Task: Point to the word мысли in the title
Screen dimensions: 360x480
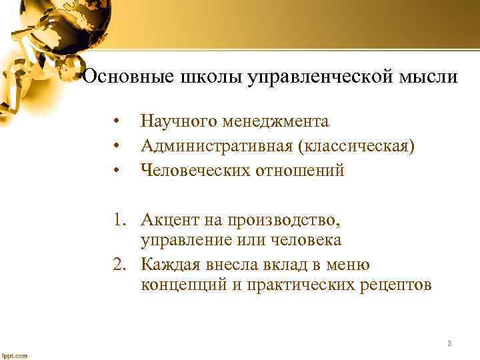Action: [431, 77]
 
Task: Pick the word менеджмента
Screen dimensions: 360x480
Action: [277, 121]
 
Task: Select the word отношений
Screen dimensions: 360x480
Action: [302, 171]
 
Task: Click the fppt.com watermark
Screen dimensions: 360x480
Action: [15, 355]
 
